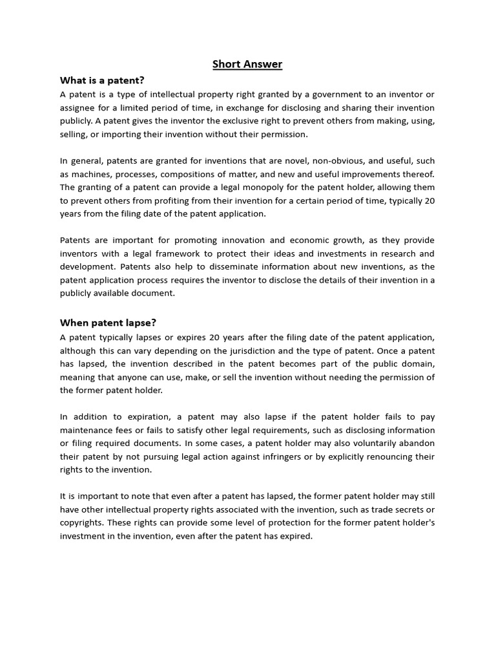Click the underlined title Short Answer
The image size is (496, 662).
pos(247,64)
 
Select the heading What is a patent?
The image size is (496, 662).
pos(102,81)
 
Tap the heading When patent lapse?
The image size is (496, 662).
pos(108,323)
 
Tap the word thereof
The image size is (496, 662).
pos(418,175)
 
